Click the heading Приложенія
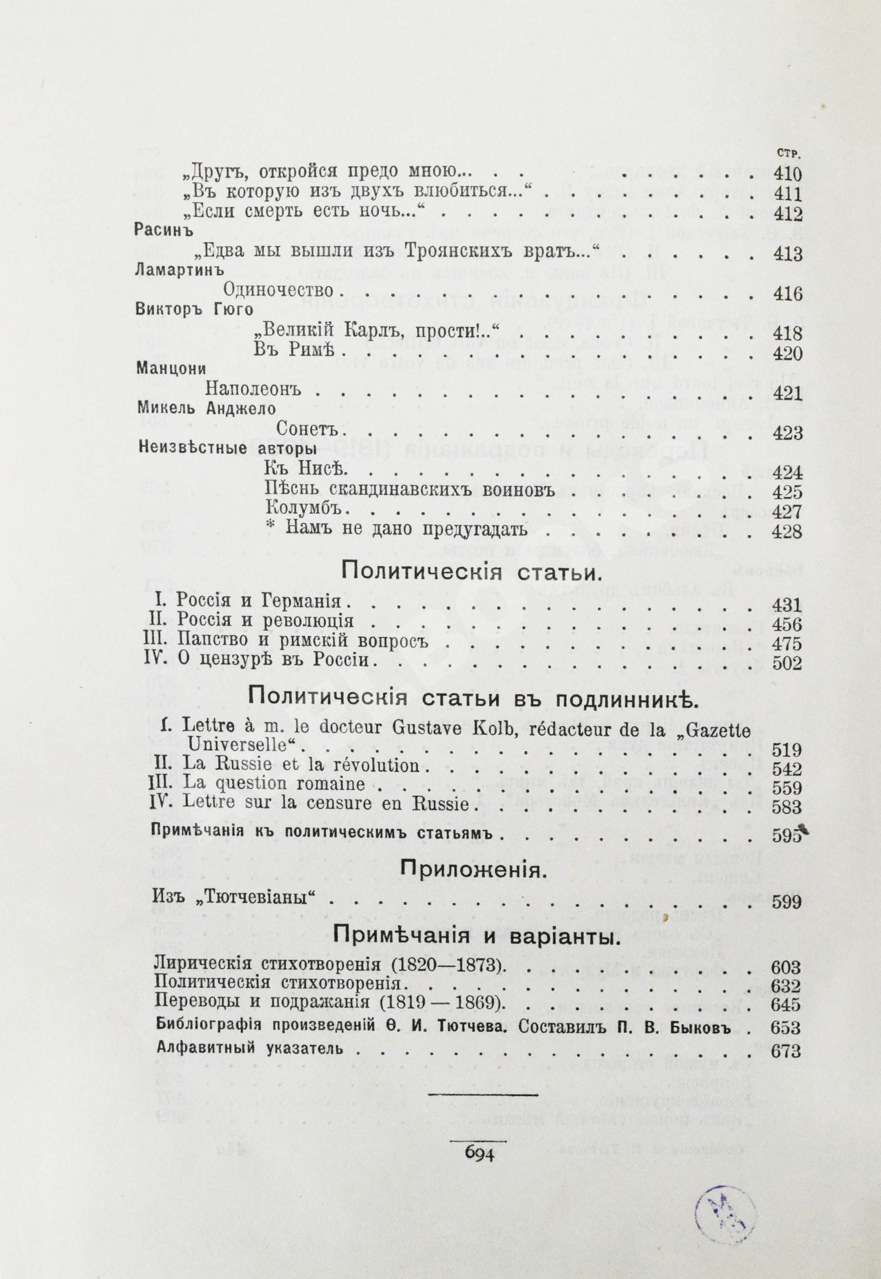coord(470,871)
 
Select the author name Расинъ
coord(163,231)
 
